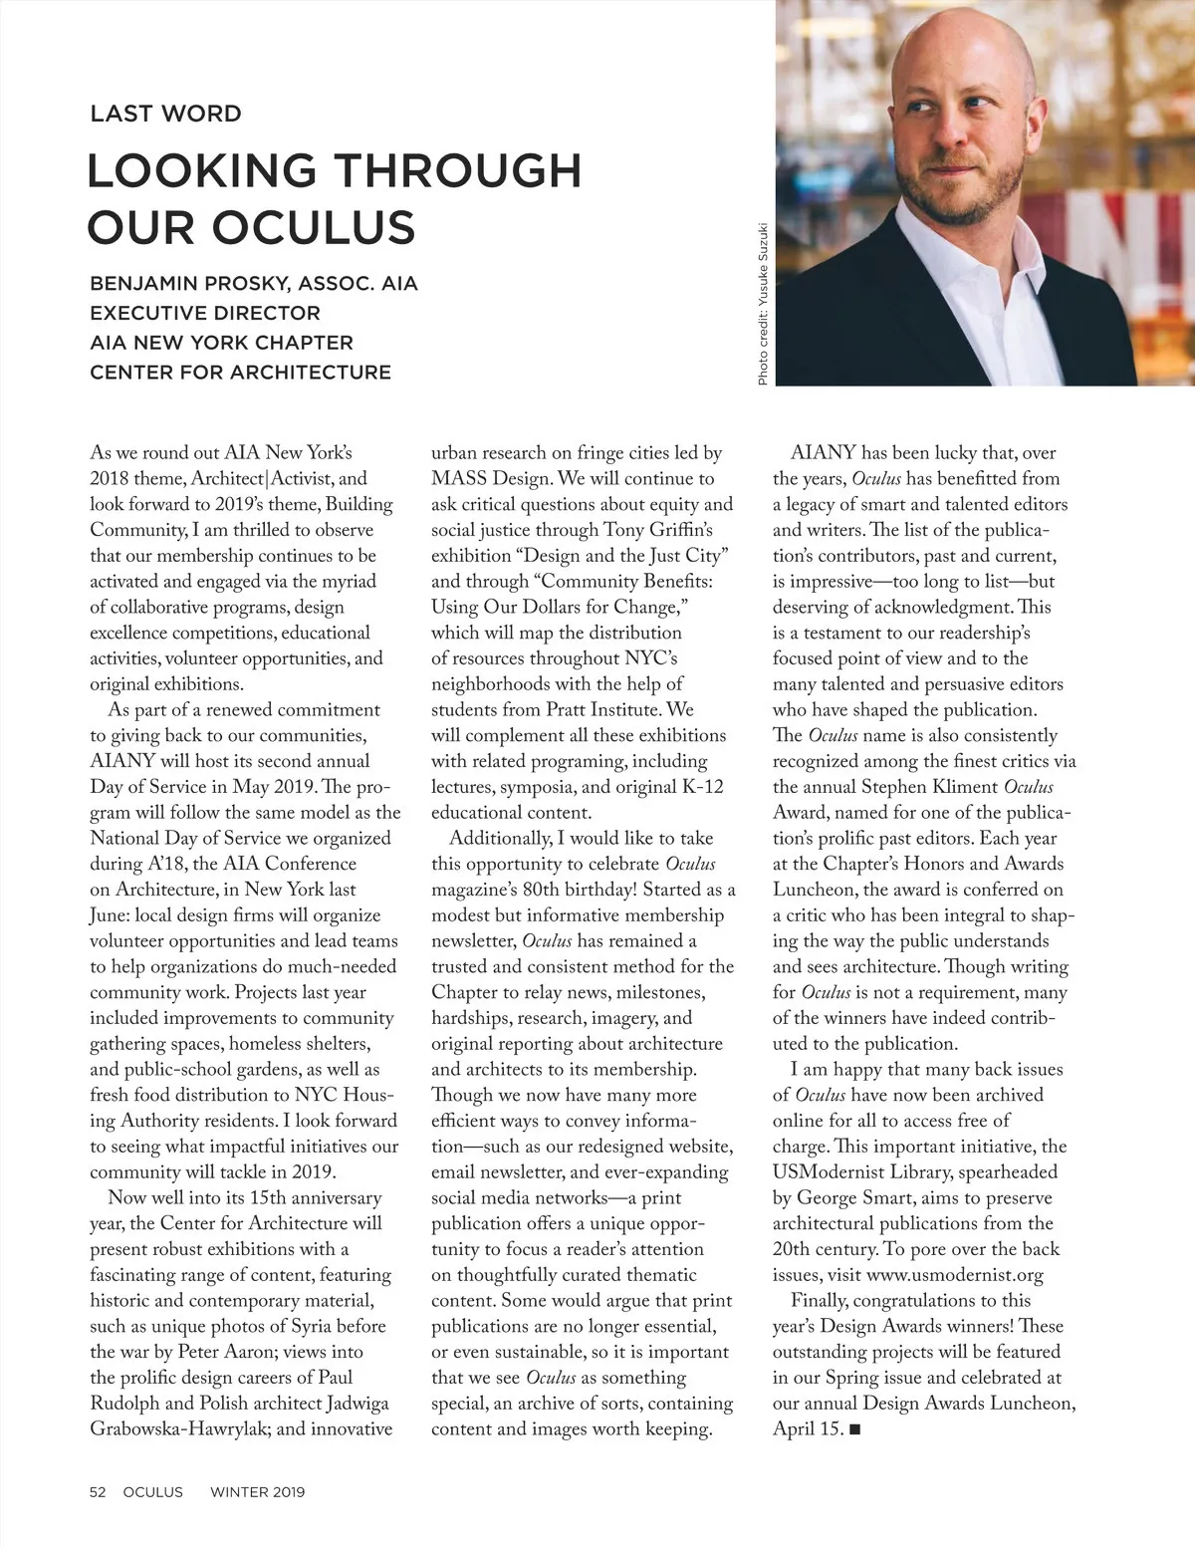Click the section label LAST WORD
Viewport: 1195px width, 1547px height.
[x=165, y=114]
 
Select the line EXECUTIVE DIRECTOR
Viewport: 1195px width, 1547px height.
[x=205, y=313]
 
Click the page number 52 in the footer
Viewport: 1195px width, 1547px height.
[x=98, y=1491]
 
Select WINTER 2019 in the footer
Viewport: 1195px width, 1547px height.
[x=257, y=1491]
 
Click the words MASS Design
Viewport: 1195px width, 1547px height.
[x=489, y=478]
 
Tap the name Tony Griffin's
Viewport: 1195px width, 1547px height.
[x=658, y=530]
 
